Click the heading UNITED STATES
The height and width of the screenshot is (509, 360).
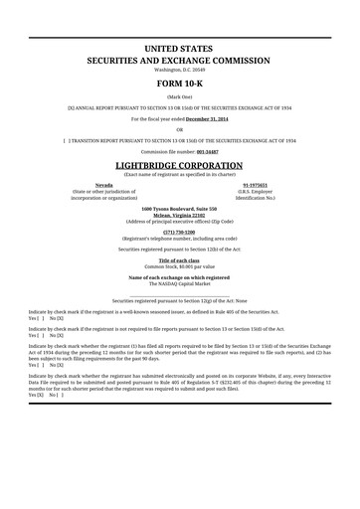[179, 48]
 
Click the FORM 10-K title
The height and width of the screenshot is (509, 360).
[179, 84]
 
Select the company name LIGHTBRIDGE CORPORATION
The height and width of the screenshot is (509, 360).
[179, 165]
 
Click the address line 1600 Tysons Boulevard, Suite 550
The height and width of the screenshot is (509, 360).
[180, 208]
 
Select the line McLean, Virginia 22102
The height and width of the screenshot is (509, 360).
[180, 214]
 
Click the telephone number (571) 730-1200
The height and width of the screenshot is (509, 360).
[180, 232]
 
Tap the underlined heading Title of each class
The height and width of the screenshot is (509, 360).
[180, 260]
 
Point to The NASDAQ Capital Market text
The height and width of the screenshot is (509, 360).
[180, 283]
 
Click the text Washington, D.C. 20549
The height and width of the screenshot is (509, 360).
[179, 70]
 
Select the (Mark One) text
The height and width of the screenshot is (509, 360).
[179, 97]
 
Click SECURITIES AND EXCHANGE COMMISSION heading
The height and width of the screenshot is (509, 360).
[179, 60]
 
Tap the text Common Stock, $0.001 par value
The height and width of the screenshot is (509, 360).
[180, 266]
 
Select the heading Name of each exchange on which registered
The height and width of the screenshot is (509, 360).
[180, 277]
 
